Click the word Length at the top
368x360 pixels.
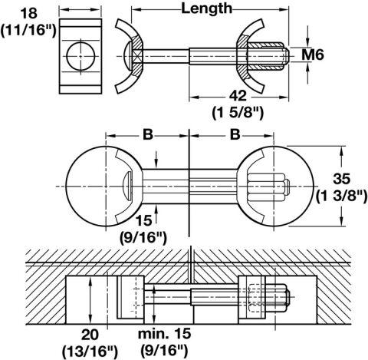[206, 9]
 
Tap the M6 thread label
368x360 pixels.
[313, 54]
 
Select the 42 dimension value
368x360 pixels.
[238, 96]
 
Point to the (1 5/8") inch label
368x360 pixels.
[238, 113]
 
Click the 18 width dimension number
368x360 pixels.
[29, 13]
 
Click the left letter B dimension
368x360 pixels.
[148, 134]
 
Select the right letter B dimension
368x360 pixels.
[235, 134]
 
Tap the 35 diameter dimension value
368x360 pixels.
[341, 179]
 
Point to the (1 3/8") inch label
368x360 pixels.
[342, 197]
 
